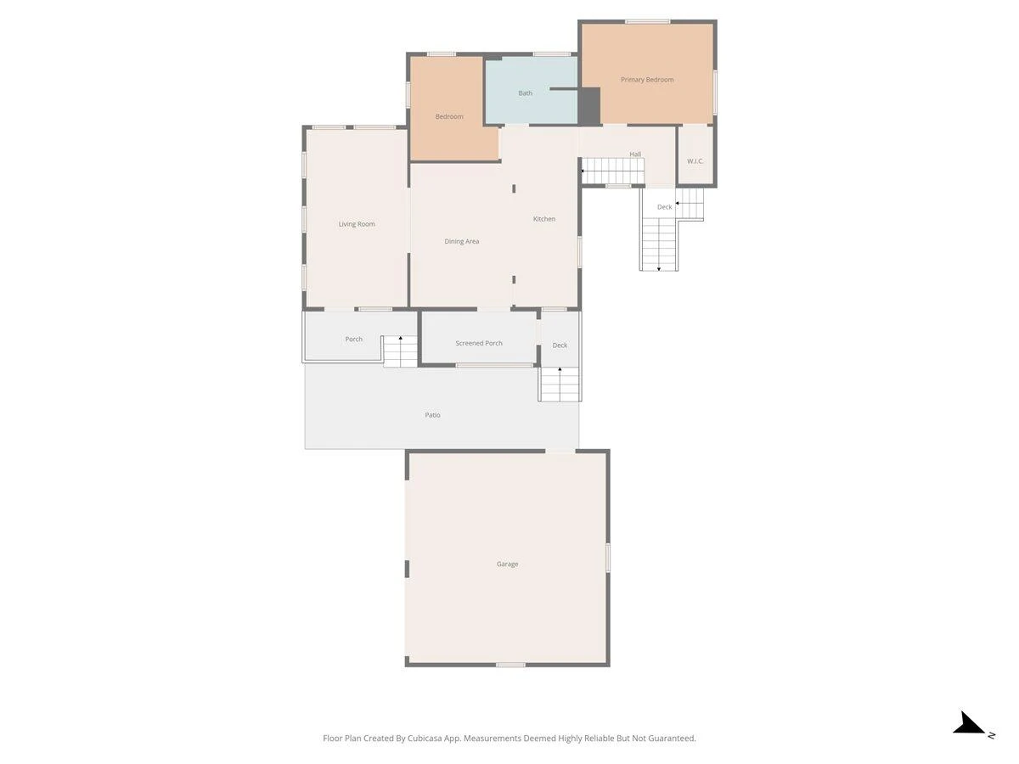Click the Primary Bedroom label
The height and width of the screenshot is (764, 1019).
click(647, 80)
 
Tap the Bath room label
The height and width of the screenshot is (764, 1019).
click(525, 93)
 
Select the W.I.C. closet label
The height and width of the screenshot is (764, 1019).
click(695, 161)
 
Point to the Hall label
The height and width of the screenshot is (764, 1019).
click(635, 154)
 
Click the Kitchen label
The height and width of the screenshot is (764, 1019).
click(544, 219)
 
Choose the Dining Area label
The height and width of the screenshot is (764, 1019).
click(461, 241)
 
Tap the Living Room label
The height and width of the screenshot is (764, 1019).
click(357, 224)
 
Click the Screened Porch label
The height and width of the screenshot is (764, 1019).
click(479, 343)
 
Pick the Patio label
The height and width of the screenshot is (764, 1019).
click(432, 415)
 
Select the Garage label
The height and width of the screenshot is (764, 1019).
click(507, 564)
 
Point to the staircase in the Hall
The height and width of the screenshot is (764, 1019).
click(613, 171)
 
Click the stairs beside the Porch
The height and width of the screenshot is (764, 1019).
click(400, 351)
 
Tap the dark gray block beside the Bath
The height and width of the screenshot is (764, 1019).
click(589, 106)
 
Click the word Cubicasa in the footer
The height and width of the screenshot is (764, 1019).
click(425, 738)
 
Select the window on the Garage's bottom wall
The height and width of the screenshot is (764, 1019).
click(510, 665)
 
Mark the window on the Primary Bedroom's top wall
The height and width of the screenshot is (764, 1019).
click(647, 22)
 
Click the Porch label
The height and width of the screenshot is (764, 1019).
click(353, 339)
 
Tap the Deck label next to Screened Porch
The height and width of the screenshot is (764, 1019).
click(560, 345)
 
